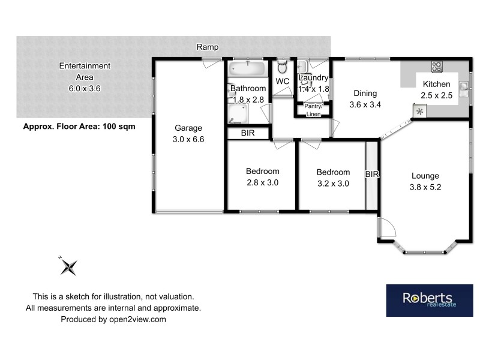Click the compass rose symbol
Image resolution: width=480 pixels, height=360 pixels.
[x=69, y=266]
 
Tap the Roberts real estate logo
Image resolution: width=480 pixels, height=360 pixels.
[x=429, y=300]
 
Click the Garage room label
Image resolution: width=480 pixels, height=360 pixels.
[x=188, y=128]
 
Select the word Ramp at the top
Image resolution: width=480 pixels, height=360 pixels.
[x=208, y=47]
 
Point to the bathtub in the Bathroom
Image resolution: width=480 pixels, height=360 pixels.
[x=248, y=68]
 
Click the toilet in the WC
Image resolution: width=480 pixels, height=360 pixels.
[x=283, y=67]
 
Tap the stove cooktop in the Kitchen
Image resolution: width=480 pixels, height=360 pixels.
[x=437, y=67]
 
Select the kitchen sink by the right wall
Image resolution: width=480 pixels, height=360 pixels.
[x=464, y=89]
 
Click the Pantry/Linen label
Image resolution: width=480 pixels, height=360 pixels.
[x=313, y=110]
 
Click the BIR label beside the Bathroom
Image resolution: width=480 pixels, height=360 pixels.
[x=247, y=133]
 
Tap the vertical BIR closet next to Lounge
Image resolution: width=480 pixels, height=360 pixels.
[x=372, y=175]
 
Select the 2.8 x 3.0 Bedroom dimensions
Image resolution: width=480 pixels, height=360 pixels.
[x=262, y=182]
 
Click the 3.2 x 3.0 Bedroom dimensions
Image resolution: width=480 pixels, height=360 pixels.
[x=333, y=184]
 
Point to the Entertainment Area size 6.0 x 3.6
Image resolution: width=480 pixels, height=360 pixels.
[x=85, y=88]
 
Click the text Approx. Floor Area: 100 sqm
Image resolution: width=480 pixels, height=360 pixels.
[x=79, y=127]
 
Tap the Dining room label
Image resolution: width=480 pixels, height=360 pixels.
[x=365, y=93]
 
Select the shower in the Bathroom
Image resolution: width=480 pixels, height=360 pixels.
[x=238, y=113]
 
